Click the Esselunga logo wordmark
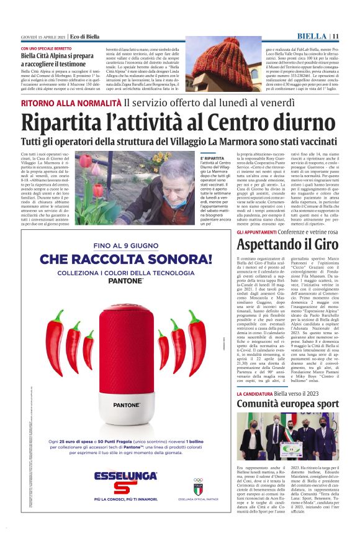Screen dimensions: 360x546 (x=126, y=476)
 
